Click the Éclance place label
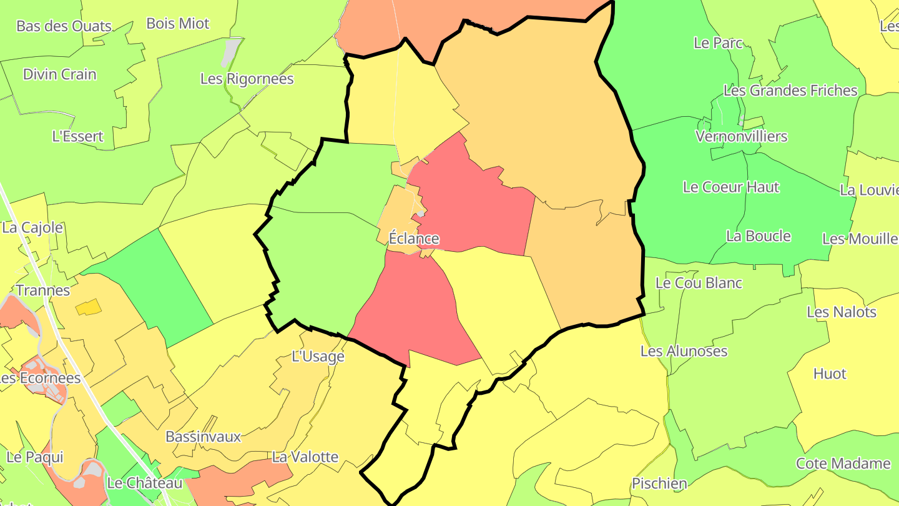[x=414, y=239]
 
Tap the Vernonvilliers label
[x=742, y=136]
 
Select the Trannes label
[x=42, y=290]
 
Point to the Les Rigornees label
[x=247, y=79]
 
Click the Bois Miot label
[x=178, y=24]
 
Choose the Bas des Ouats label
[x=64, y=26]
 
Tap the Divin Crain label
[x=60, y=74]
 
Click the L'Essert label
[x=78, y=136]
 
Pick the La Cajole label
[x=32, y=227]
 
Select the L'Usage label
[x=318, y=357]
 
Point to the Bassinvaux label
[x=203, y=437]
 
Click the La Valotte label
[x=305, y=457]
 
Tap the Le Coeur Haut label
[x=731, y=187]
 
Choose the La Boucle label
[x=759, y=236]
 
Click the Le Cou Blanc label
[x=699, y=283]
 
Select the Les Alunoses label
[x=684, y=351]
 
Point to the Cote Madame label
[x=843, y=464]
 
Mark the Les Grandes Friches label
[x=790, y=91]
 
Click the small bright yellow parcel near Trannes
[x=88, y=307]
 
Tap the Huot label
[x=830, y=374]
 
